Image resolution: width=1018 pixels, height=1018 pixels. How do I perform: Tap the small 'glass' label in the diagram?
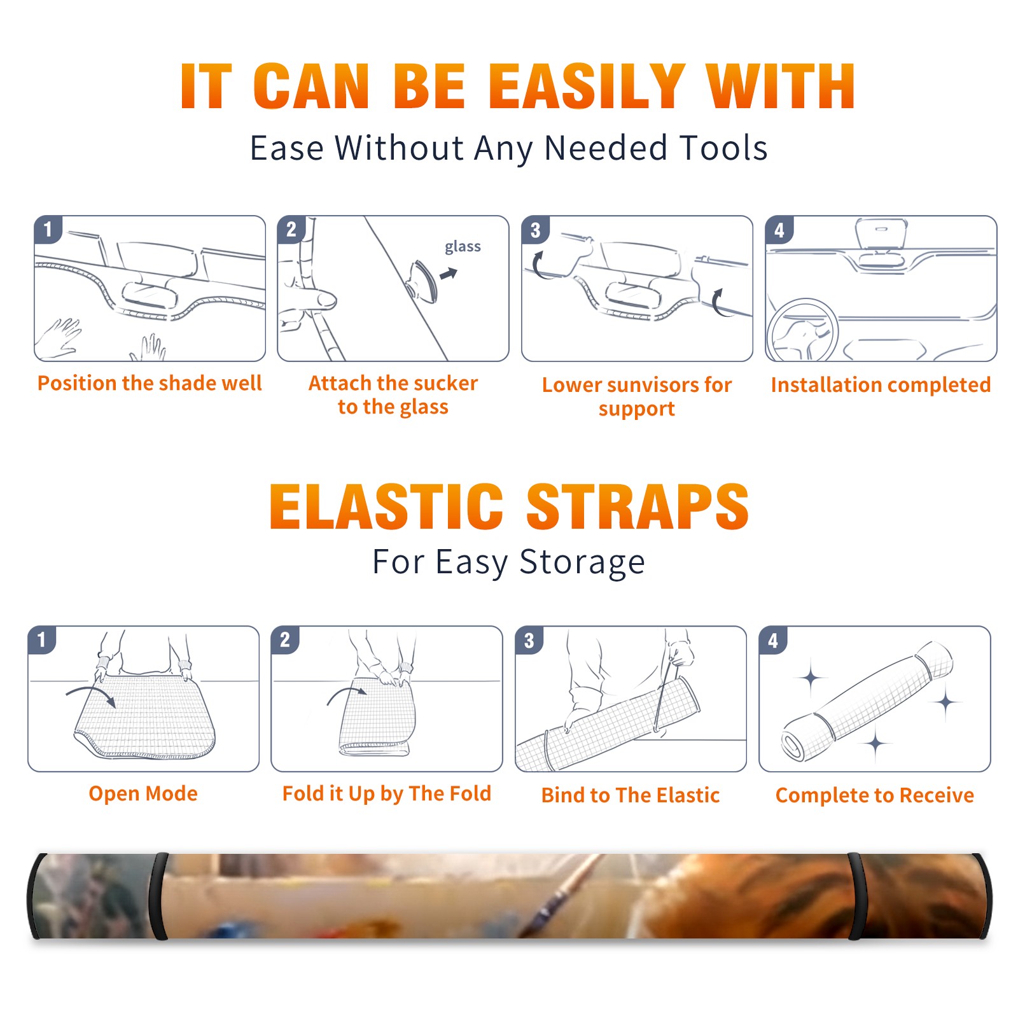[x=463, y=246]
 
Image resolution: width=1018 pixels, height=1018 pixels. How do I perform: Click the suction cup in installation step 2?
[x=422, y=281]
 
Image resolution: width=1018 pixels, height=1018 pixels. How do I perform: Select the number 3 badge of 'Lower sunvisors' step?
[x=534, y=230]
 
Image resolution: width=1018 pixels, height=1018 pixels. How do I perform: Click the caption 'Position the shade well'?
[x=150, y=383]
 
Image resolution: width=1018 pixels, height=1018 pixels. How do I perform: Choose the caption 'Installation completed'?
[x=881, y=385]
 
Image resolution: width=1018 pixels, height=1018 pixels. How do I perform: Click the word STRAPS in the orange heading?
[x=638, y=506]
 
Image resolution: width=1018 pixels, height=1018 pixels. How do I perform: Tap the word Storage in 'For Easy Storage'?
[x=582, y=562]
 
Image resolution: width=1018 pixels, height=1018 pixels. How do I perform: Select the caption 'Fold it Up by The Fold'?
[x=387, y=793]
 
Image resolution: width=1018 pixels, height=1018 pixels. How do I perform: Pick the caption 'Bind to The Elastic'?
[x=631, y=795]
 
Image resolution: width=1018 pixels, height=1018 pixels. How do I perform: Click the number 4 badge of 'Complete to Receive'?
[x=772, y=640]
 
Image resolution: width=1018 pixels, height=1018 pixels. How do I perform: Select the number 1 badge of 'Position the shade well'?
[x=48, y=230]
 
